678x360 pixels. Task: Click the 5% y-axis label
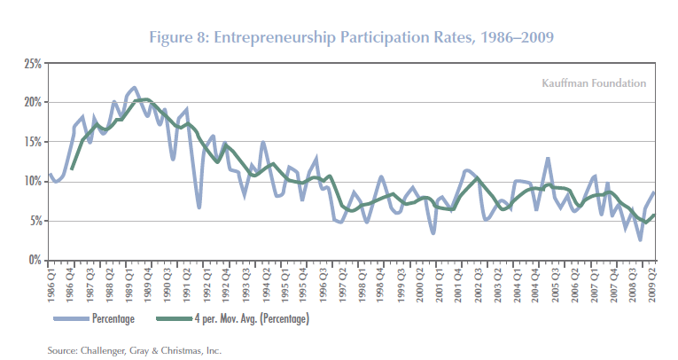point(33,221)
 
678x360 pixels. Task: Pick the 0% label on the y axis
point(33,260)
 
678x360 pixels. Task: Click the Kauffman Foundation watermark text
point(593,83)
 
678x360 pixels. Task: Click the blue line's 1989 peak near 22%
point(134,88)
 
